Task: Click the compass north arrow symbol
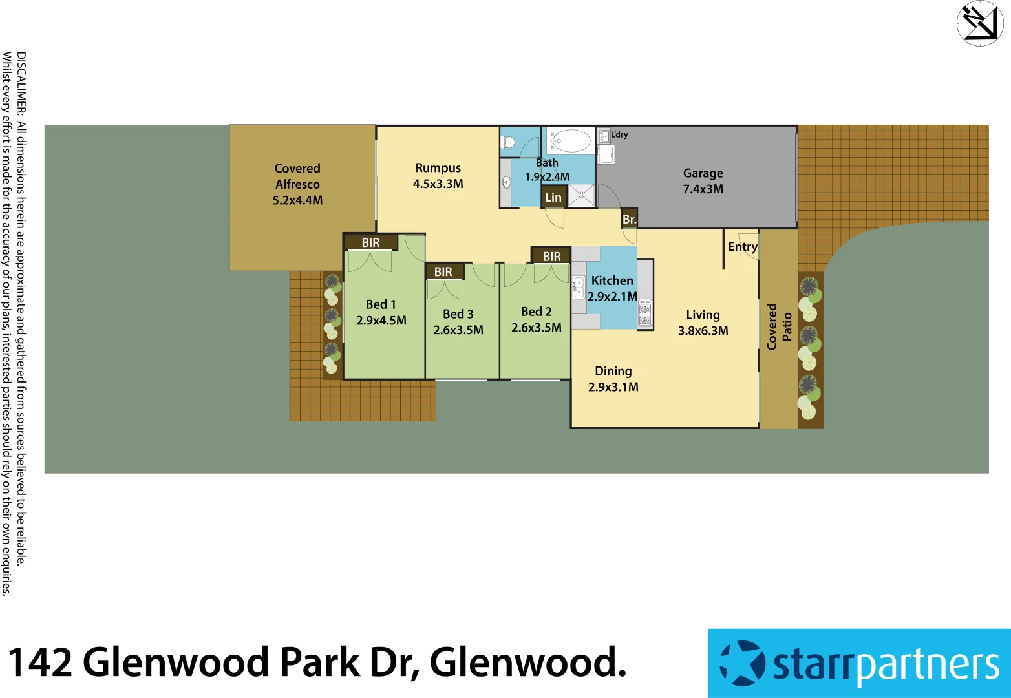979,23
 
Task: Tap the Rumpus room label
438,168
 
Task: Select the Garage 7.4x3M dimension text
703,189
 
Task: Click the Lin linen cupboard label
553,198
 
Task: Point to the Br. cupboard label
629,220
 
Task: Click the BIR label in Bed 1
370,243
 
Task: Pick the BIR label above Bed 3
443,272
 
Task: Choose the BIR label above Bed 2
551,257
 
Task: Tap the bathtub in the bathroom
569,140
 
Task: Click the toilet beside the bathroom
509,142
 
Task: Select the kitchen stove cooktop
645,312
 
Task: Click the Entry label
742,247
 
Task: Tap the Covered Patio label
779,327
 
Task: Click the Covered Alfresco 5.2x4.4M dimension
297,200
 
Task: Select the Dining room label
613,371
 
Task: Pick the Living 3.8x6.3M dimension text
703,331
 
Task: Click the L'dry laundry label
619,134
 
